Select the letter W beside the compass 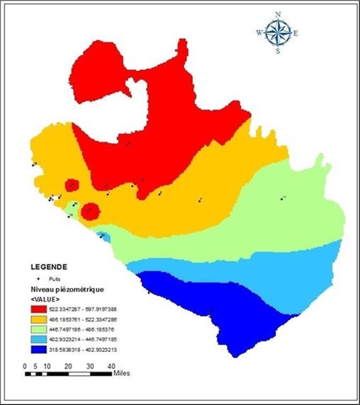[x=259, y=33]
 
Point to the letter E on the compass [x=296, y=33]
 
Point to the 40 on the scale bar [x=111, y=365]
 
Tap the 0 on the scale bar [x=26, y=365]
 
